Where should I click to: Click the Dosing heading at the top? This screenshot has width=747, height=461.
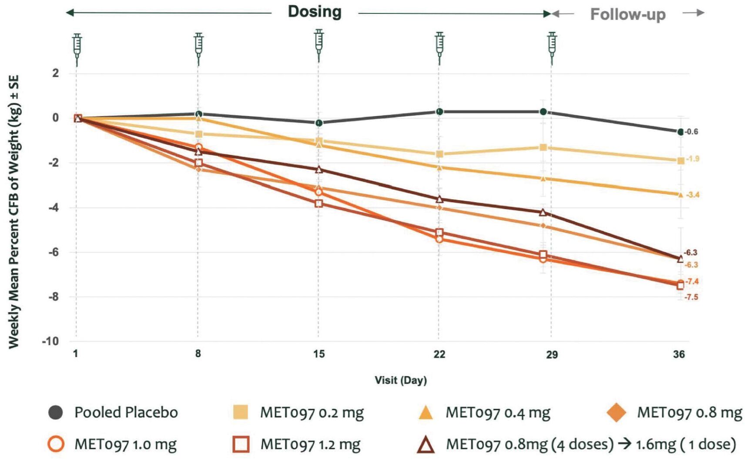pos(315,12)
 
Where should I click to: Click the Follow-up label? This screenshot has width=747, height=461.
pos(627,14)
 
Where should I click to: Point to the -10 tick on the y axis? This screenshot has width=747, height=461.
pos(50,341)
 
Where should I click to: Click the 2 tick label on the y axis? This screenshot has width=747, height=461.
pos(55,73)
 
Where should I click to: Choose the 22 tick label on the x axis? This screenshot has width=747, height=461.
pos(439,354)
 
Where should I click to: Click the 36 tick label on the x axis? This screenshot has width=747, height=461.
pos(679,354)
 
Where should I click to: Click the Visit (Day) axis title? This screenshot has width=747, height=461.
pos(401,380)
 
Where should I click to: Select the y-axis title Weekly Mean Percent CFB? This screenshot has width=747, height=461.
pos(14,211)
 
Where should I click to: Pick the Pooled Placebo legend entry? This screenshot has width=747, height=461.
pos(113,412)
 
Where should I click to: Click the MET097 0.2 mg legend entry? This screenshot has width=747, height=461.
pos(298,412)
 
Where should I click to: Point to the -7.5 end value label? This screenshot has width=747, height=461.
pos(691,297)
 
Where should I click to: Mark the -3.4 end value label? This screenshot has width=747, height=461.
pos(692,195)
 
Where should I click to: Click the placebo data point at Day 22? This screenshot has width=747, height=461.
pos(439,112)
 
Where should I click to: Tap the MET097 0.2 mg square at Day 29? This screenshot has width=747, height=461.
pos(543,147)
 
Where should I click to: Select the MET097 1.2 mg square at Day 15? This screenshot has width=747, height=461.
pos(319,203)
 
